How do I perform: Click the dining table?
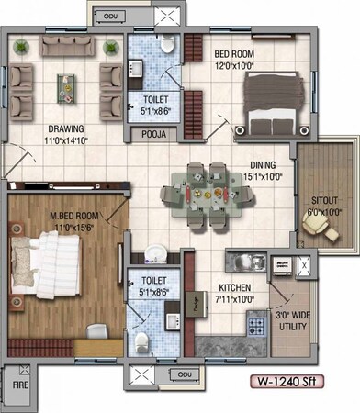tap(208, 195)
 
